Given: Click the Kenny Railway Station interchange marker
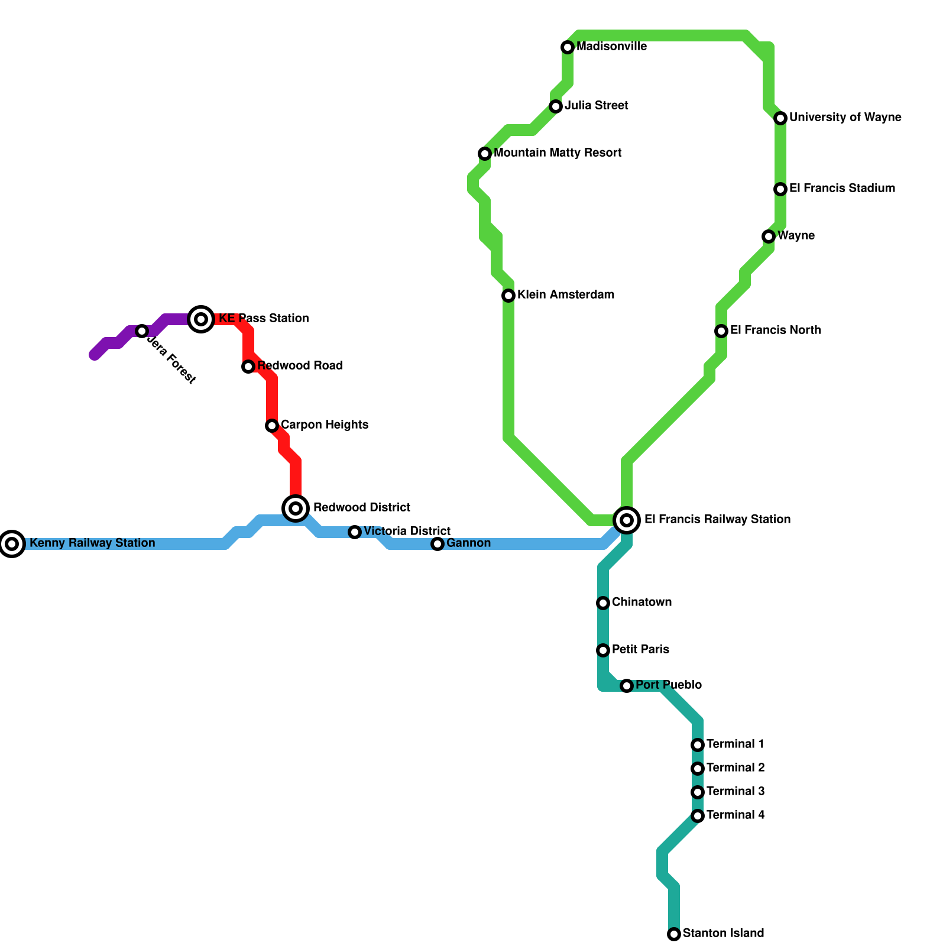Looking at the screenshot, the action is click(x=12, y=543).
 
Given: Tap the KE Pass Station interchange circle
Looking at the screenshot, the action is click(x=201, y=319).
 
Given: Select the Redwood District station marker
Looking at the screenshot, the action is click(x=296, y=508).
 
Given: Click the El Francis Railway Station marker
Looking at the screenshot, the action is click(x=627, y=520).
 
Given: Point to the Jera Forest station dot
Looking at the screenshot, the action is click(x=142, y=331).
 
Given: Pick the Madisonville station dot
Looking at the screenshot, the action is click(x=568, y=47).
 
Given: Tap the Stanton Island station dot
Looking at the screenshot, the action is click(x=674, y=934).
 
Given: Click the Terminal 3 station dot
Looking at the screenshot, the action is click(x=698, y=792).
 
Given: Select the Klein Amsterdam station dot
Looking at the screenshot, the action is click(x=508, y=295).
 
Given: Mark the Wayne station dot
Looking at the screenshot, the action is click(x=769, y=237).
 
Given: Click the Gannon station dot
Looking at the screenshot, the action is click(x=438, y=544).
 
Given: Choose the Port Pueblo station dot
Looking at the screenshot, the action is click(x=627, y=686).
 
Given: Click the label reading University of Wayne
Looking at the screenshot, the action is click(x=845, y=118).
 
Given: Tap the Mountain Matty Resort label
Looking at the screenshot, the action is click(x=558, y=153).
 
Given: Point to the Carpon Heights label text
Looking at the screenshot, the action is click(x=324, y=425).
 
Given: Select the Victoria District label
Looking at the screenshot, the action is click(x=407, y=532).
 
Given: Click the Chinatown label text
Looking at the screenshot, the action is click(x=642, y=602).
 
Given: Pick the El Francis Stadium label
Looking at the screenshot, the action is click(x=842, y=189).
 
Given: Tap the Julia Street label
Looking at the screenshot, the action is click(x=596, y=106).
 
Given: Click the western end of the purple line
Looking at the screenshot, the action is click(x=94, y=355).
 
